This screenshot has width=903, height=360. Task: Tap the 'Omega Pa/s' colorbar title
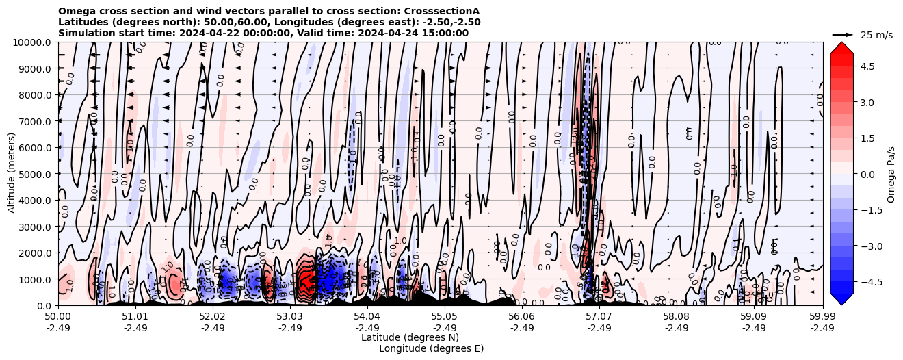pos(891,174)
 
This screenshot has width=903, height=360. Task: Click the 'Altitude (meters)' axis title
pos(12,174)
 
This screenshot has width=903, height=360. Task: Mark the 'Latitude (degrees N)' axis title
pos(410,337)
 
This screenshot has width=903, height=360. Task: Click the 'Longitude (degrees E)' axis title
pos(432,348)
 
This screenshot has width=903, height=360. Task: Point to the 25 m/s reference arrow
pos(842,34)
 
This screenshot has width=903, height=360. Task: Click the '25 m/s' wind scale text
pos(876,35)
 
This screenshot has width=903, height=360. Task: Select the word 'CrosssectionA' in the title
pos(445,12)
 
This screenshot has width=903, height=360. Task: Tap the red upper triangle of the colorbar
pos(841,48)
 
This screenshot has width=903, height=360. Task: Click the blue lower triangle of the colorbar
pos(841,299)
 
